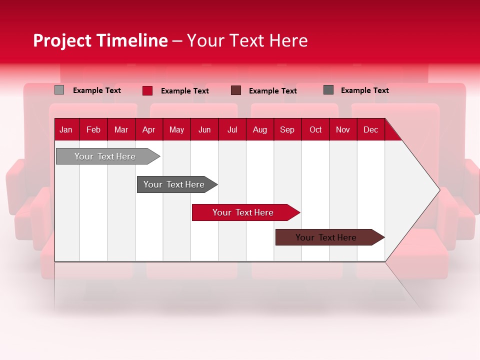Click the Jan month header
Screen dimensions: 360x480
click(66, 129)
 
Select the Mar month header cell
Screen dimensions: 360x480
click(121, 129)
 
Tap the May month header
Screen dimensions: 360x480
click(176, 129)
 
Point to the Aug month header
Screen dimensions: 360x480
click(259, 129)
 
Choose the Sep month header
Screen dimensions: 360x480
click(287, 129)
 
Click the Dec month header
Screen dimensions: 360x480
click(370, 129)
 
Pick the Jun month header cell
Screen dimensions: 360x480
click(204, 129)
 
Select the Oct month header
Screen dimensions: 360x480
click(315, 129)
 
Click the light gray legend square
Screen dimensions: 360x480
click(59, 90)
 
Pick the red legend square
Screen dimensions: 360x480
click(147, 90)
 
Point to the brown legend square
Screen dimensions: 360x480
click(236, 90)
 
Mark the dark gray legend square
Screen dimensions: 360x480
click(328, 90)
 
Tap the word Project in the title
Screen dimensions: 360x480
click(62, 40)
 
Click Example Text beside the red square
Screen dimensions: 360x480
click(184, 91)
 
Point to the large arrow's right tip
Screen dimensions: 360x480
click(438, 189)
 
